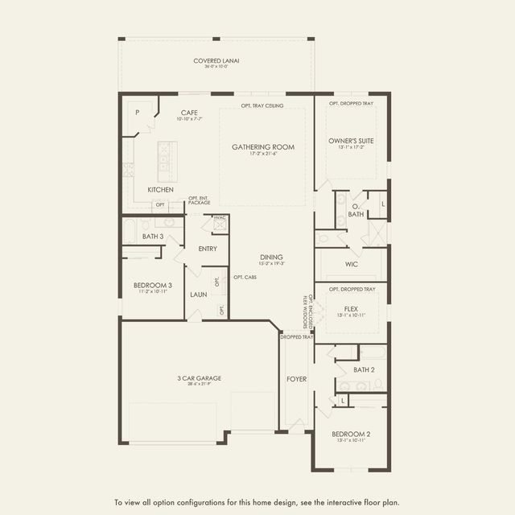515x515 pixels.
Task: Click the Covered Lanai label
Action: tap(216, 61)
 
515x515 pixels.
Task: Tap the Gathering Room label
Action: tap(263, 147)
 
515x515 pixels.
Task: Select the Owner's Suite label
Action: tap(351, 140)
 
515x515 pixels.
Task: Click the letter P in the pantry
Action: tap(137, 113)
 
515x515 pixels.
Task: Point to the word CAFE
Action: tap(189, 113)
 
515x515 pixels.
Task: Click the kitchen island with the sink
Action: tap(167, 159)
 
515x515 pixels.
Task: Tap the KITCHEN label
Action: tap(161, 190)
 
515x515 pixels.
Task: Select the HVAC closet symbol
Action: tap(220, 225)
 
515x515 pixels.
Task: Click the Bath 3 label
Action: tap(153, 237)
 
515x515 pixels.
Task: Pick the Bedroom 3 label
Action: tap(153, 285)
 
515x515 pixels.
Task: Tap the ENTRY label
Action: tap(208, 249)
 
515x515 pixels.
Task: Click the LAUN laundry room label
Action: tap(199, 295)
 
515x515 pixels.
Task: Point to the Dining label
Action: tap(271, 257)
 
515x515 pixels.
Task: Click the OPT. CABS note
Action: tap(245, 278)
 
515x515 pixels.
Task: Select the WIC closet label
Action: tap(351, 263)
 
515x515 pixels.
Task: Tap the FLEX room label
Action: tap(351, 308)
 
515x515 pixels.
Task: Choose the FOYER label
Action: tap(296, 378)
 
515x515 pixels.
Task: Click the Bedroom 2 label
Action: tap(351, 435)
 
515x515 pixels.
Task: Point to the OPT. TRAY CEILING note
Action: tap(262, 105)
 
